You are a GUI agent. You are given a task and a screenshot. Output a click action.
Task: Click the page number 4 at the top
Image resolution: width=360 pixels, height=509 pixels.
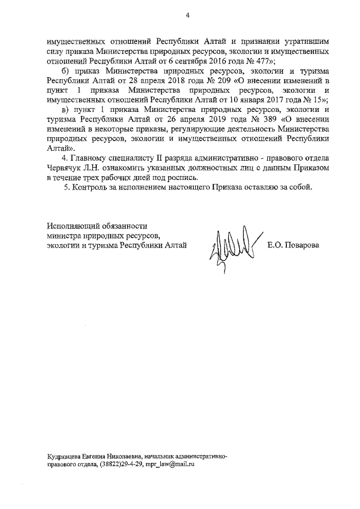(187, 16)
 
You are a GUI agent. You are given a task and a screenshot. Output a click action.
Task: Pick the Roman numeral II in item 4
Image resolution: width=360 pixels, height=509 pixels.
(167, 159)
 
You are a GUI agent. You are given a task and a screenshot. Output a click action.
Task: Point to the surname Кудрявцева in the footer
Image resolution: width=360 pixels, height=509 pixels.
(66, 456)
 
